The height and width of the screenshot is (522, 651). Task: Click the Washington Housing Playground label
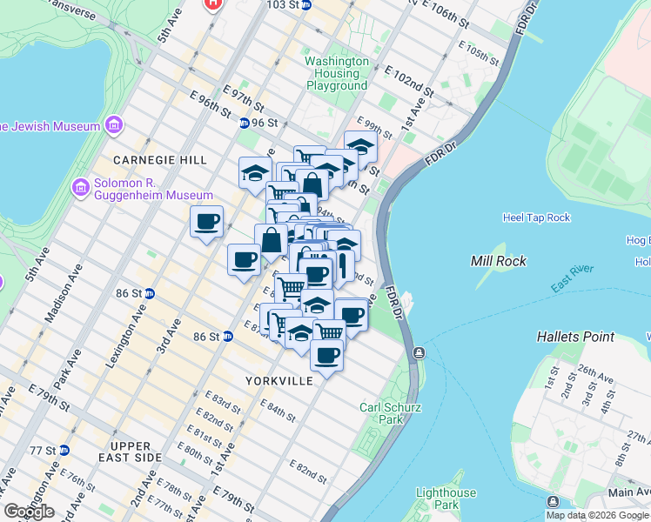coord(337,74)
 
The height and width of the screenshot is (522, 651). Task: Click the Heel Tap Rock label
coord(536,217)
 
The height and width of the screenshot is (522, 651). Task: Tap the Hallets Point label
coord(575,337)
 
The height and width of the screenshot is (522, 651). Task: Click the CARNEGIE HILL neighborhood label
coord(160,160)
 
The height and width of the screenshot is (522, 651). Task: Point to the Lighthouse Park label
coord(446,499)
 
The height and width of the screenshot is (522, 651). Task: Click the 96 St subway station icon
coord(245,124)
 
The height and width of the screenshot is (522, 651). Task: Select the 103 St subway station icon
coord(318,4)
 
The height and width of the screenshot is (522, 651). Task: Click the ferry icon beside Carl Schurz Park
coord(419,352)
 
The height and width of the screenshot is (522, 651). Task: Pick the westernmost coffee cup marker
coord(207,222)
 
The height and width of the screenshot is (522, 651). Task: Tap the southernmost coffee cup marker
coord(326,355)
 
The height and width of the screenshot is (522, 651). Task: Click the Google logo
coord(29,512)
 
